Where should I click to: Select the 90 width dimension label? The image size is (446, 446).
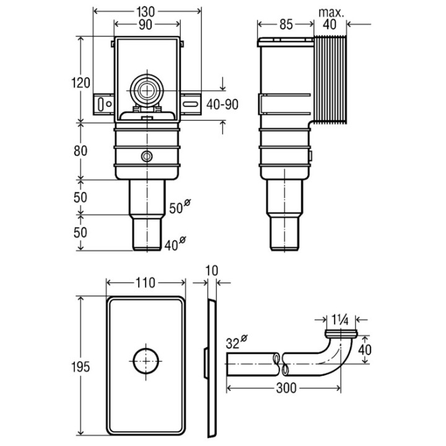pos(147,26)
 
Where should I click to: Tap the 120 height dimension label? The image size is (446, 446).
pos(81,82)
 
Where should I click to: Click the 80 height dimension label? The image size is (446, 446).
pos(81,151)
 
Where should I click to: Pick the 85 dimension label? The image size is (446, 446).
pos(286,26)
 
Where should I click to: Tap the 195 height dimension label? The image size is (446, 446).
pos(81,367)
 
